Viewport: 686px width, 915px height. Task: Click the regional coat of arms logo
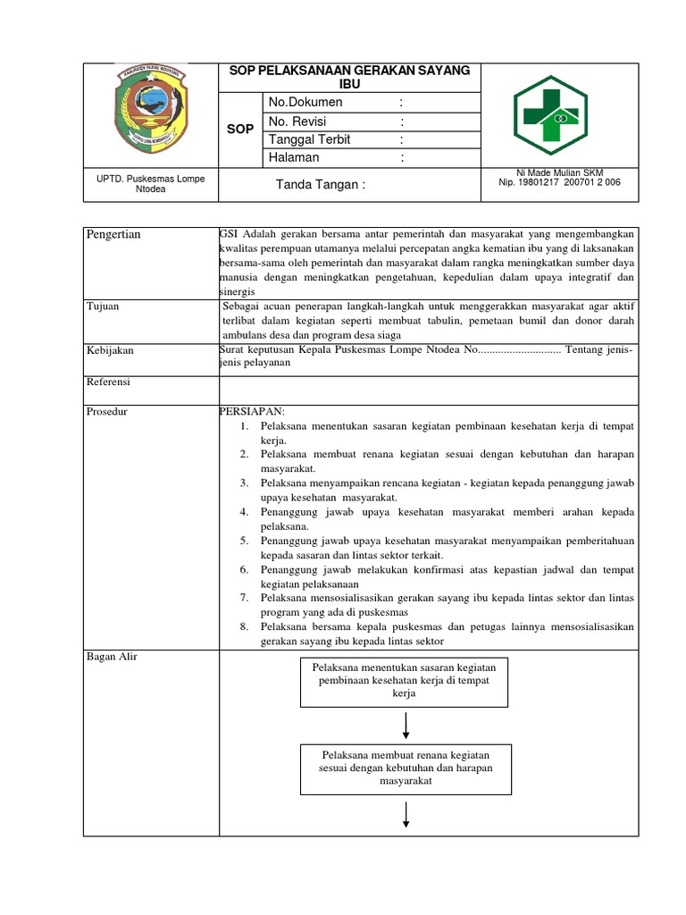coord(150,113)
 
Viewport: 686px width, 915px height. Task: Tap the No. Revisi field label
coord(300,122)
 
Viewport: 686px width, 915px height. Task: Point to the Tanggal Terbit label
coord(309,139)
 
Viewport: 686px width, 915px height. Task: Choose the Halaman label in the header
coord(293,157)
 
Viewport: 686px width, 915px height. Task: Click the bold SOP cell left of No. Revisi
coord(240,130)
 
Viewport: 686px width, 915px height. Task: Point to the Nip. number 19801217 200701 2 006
coord(560,182)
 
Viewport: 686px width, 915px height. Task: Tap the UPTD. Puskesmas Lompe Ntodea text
coord(151,185)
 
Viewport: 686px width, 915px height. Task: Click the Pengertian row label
coord(113,234)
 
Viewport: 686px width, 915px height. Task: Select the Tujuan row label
coord(103,306)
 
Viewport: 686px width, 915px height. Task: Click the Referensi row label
coord(108,382)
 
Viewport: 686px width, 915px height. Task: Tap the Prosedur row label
coord(106,411)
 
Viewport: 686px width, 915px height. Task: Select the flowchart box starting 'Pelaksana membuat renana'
coord(406,768)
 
